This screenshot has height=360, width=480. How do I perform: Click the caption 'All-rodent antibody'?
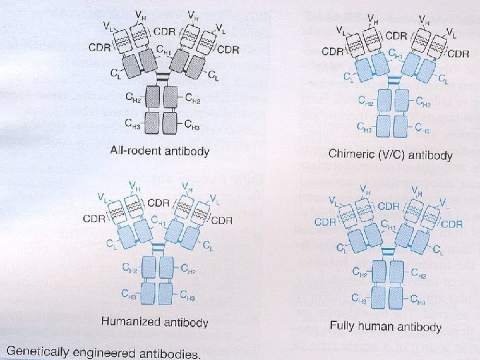pyautogui.click(x=159, y=151)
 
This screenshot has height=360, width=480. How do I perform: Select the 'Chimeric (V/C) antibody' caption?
pyautogui.click(x=391, y=155)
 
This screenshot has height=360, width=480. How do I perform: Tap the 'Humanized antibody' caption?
pyautogui.click(x=155, y=322)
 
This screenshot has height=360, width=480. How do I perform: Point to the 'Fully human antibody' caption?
pyautogui.click(x=385, y=327)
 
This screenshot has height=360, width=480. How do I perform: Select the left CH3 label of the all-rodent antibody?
pyautogui.click(x=133, y=123)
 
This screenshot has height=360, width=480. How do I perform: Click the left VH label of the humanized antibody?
pyautogui.click(x=134, y=186)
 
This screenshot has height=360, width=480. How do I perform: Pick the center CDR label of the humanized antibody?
pyautogui.click(x=158, y=203)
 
